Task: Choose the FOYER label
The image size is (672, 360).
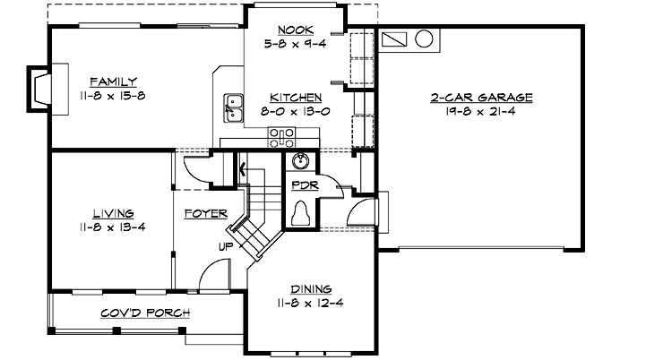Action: click(x=203, y=214)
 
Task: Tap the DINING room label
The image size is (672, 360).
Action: click(x=310, y=289)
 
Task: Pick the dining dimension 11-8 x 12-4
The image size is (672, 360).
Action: click(x=310, y=304)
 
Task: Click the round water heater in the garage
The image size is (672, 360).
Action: click(x=425, y=40)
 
